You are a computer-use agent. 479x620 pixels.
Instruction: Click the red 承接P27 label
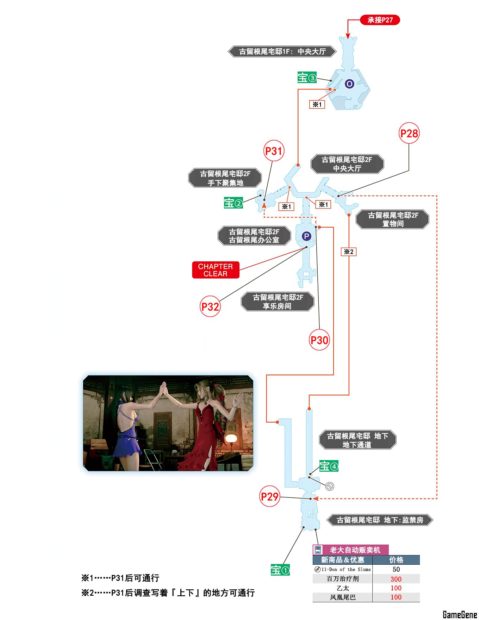tap(380, 20)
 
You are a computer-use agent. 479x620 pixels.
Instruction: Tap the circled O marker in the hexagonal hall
tap(349, 84)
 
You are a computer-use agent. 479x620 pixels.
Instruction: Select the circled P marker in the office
tap(306, 236)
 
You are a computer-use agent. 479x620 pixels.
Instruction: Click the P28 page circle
tap(409, 133)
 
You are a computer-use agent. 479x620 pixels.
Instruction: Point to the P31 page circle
tap(274, 151)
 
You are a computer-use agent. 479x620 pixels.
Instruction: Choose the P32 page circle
tap(210, 306)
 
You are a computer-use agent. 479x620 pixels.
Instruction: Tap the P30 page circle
tap(319, 340)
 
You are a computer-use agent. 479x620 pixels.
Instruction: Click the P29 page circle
tap(269, 496)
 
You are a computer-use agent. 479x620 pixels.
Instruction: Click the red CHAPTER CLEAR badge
tap(216, 270)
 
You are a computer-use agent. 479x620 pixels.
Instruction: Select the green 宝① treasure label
tap(280, 570)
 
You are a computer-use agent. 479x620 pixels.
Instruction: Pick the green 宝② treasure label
tap(234, 203)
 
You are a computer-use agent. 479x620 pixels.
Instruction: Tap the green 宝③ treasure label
tap(307, 77)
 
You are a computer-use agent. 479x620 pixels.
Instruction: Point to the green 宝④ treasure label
tap(329, 466)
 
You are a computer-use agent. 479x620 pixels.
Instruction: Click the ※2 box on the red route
tap(349, 252)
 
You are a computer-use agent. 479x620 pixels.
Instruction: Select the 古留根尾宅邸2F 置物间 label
tap(393, 219)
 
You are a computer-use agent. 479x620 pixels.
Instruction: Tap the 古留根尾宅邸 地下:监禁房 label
tap(380, 520)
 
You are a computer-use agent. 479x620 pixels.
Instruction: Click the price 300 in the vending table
tap(396, 579)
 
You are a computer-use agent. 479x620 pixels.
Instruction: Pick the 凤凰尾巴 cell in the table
tap(343, 597)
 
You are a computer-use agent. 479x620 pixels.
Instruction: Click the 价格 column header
tap(396, 560)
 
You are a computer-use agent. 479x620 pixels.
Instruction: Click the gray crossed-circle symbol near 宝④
tap(330, 486)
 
